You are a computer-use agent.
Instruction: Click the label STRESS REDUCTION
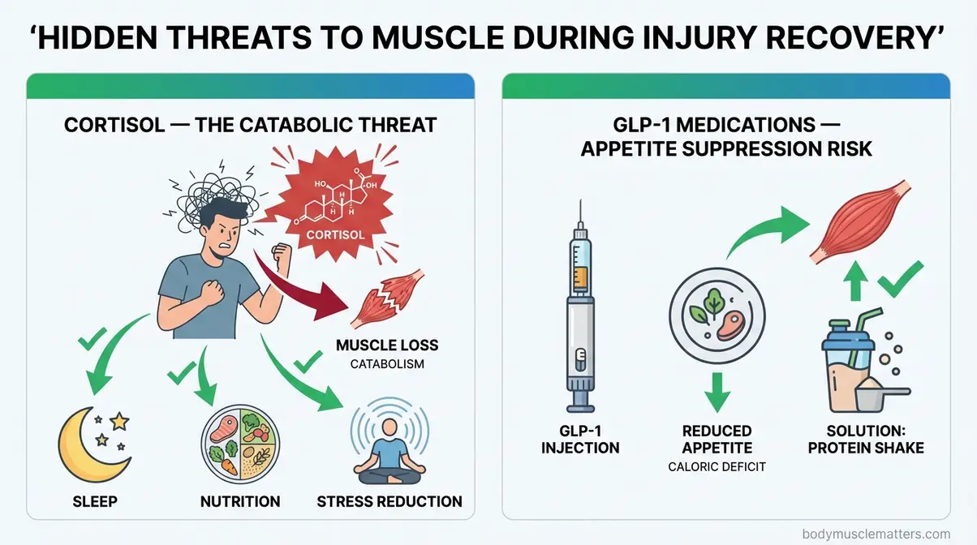(x=390, y=501)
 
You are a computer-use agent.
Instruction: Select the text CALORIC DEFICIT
(x=717, y=466)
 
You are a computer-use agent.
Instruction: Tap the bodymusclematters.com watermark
(x=876, y=534)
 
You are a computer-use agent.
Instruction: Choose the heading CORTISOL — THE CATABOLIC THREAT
(x=250, y=125)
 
